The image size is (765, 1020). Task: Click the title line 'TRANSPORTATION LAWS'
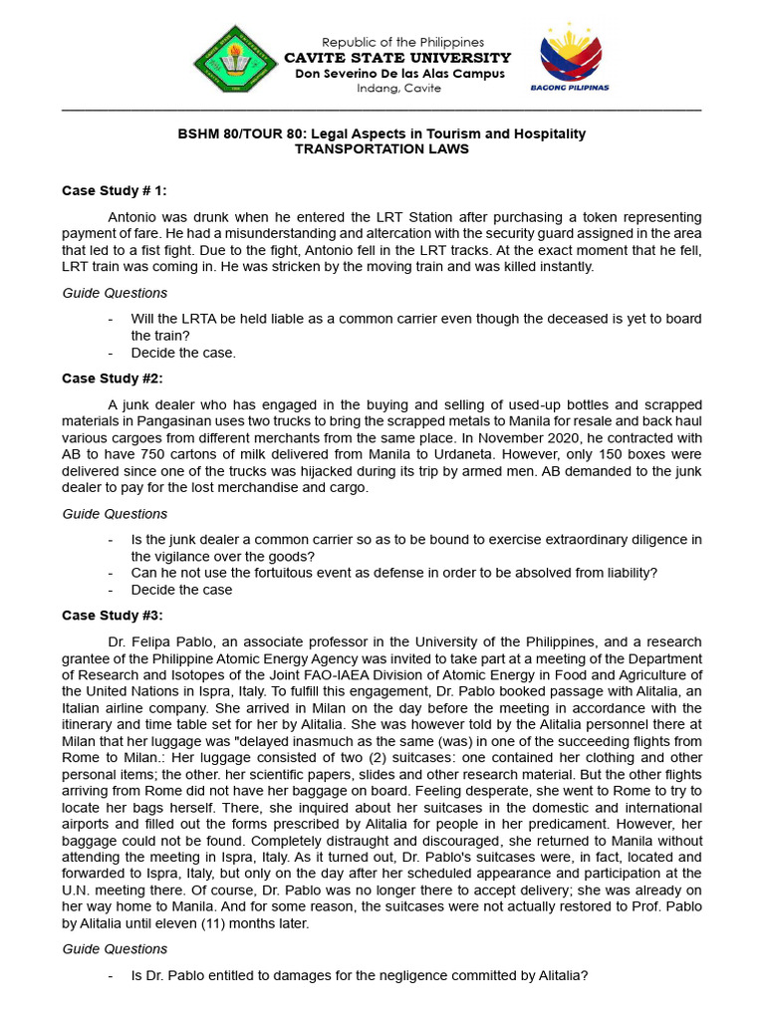(x=382, y=149)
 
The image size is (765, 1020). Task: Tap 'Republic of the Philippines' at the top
(x=402, y=42)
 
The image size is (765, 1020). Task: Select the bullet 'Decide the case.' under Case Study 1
(x=183, y=353)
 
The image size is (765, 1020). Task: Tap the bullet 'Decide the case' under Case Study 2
(x=181, y=590)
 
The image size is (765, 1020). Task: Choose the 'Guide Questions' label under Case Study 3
(x=115, y=950)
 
